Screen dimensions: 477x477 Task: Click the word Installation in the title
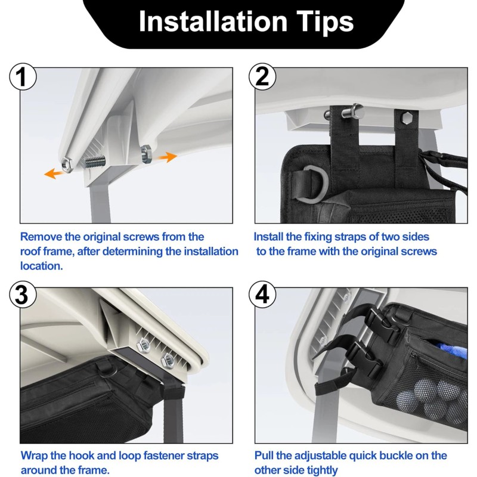pyautogui.click(x=213, y=21)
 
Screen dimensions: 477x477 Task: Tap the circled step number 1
pyautogui.click(x=23, y=77)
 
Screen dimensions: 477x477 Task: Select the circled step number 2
pyautogui.click(x=262, y=77)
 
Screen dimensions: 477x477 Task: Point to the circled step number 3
pyautogui.click(x=23, y=295)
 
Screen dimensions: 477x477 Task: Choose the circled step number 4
pyautogui.click(x=262, y=295)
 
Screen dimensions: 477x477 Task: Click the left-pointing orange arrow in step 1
pyautogui.click(x=54, y=174)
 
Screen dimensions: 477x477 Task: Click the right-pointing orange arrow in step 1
pyautogui.click(x=168, y=157)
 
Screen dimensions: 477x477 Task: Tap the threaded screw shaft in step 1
pyautogui.click(x=95, y=162)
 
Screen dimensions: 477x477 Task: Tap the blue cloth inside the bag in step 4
pyautogui.click(x=450, y=350)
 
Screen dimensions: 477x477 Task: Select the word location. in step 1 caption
pyautogui.click(x=42, y=266)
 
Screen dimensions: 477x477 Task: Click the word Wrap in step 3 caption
pyautogui.click(x=33, y=456)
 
